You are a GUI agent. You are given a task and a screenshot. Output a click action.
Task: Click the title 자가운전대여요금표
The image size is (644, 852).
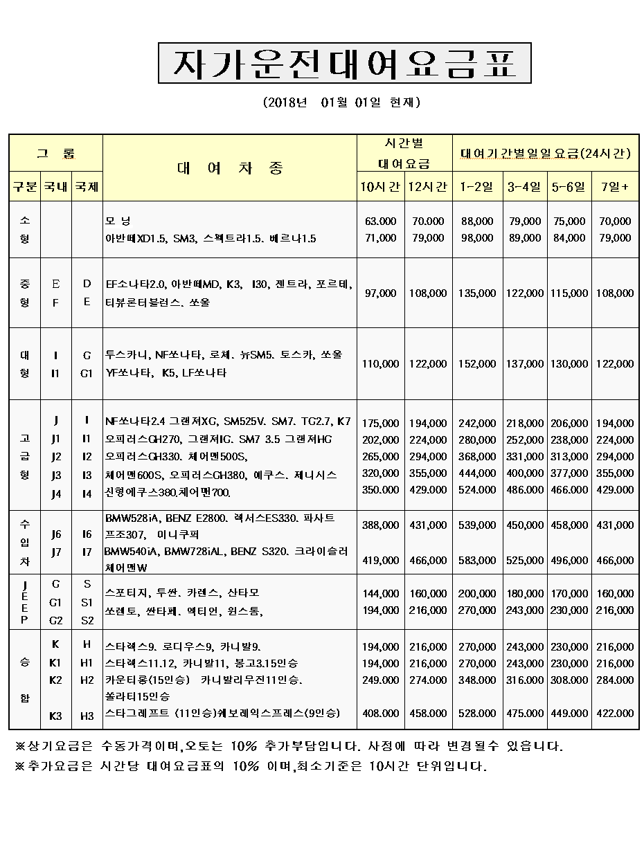(x=344, y=64)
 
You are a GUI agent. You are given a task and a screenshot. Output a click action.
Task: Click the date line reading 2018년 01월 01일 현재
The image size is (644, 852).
(x=342, y=102)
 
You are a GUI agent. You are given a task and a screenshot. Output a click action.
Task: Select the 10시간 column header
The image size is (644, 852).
(x=380, y=187)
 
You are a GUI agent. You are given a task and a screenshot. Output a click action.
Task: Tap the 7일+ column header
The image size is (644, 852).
(x=615, y=187)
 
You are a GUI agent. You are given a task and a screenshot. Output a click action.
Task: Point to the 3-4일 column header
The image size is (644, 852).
(x=524, y=187)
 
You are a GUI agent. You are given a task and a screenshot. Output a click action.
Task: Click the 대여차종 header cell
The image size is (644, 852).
(x=230, y=168)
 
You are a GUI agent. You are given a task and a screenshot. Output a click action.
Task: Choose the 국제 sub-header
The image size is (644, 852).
(x=87, y=187)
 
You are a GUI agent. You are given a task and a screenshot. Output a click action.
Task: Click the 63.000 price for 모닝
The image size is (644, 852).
(x=380, y=221)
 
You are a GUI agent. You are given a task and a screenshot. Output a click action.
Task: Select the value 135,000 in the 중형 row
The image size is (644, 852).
(x=477, y=293)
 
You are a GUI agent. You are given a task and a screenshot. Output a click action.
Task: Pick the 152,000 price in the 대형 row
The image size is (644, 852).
(x=477, y=364)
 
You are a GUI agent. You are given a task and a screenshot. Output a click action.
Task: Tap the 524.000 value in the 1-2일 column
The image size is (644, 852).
(x=477, y=490)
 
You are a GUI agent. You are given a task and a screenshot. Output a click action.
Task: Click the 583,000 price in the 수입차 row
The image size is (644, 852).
(x=477, y=561)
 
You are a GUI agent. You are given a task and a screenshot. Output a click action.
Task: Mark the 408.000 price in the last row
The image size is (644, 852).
(x=380, y=714)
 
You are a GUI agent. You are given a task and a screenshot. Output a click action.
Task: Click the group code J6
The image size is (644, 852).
(x=56, y=534)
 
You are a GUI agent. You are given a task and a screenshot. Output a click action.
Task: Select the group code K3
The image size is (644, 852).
(x=56, y=716)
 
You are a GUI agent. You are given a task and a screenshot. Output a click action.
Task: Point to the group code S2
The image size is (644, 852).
(x=87, y=620)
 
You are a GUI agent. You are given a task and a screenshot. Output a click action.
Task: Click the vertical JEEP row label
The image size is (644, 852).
(x=24, y=602)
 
